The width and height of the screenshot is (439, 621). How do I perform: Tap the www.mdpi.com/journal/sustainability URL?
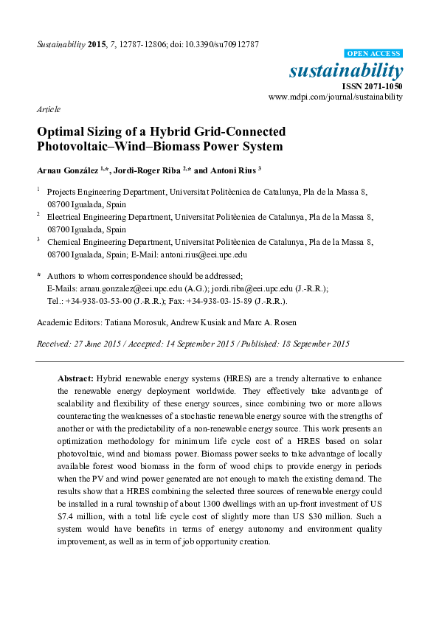(336, 97)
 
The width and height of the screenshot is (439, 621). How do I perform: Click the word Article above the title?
(48, 109)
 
